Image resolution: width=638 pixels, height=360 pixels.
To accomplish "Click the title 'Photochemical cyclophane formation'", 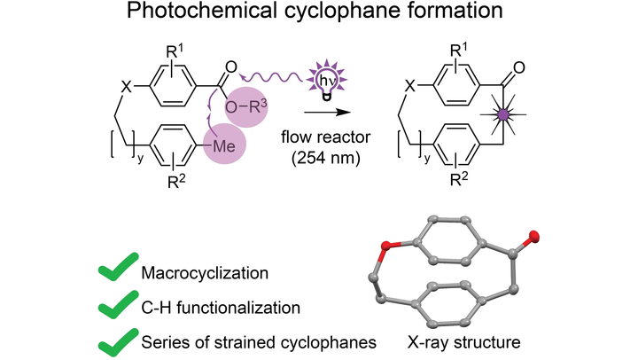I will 318,17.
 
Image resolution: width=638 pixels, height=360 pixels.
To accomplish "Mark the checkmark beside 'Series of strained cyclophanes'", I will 113,340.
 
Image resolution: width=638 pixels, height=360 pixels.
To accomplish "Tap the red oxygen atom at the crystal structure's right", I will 534,235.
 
